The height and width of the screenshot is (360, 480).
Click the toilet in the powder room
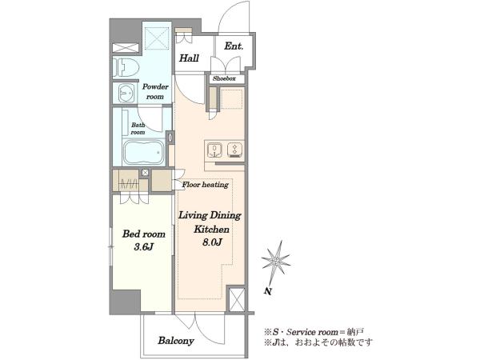click(x=126, y=67)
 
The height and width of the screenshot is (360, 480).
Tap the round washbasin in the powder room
click(x=126, y=92)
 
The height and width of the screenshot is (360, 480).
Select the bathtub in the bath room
click(x=143, y=152)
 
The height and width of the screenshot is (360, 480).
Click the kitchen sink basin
click(x=214, y=150)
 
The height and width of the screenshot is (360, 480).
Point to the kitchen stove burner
click(x=234, y=150)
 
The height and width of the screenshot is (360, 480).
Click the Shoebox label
click(x=224, y=78)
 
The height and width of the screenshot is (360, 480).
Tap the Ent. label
click(x=234, y=46)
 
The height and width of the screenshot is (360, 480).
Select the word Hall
click(x=189, y=58)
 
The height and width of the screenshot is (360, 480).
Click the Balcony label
click(x=176, y=341)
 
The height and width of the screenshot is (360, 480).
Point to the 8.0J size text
click(x=212, y=242)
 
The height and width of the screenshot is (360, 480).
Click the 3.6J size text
click(x=143, y=246)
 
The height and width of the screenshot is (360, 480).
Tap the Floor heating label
click(x=206, y=185)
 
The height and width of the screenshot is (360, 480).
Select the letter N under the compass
click(x=269, y=291)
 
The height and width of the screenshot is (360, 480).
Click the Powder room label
click(x=155, y=91)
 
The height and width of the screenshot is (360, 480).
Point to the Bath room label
click(x=138, y=129)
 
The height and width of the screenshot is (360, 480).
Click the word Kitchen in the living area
click(x=211, y=230)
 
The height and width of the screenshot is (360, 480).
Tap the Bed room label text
click(x=143, y=234)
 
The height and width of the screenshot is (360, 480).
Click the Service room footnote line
click(x=314, y=332)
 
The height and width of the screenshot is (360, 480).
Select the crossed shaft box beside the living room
click(x=237, y=300)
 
